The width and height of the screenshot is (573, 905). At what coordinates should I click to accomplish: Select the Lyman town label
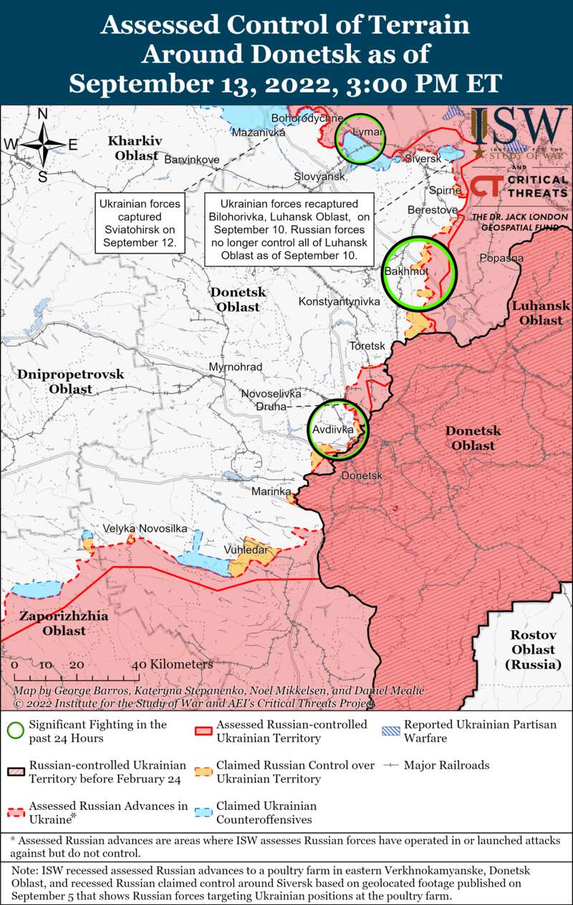pos(364,132)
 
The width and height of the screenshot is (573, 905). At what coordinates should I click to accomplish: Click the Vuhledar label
pos(246,550)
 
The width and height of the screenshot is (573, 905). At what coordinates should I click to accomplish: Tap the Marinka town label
pos(271,492)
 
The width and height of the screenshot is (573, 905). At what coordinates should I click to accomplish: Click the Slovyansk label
pos(319,176)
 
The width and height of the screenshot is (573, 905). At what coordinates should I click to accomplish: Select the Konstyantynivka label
pos(339,302)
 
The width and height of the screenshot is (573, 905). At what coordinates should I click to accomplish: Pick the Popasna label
pos(501,258)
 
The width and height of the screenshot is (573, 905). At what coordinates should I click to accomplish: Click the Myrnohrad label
pos(236,367)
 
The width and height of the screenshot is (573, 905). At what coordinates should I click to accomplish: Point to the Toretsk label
pos(367,346)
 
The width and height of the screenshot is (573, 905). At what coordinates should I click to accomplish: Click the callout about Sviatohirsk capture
pos(140,223)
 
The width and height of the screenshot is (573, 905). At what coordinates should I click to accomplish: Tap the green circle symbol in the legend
pos(14,731)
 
